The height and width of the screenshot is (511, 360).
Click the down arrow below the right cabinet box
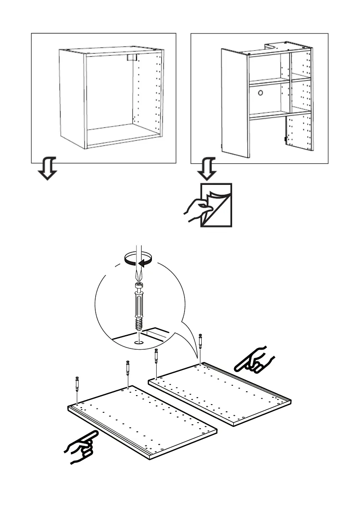pos(206,169)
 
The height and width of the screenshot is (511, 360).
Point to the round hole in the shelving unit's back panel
pos(260,93)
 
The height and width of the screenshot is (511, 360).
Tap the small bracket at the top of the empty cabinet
pos(133,57)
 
